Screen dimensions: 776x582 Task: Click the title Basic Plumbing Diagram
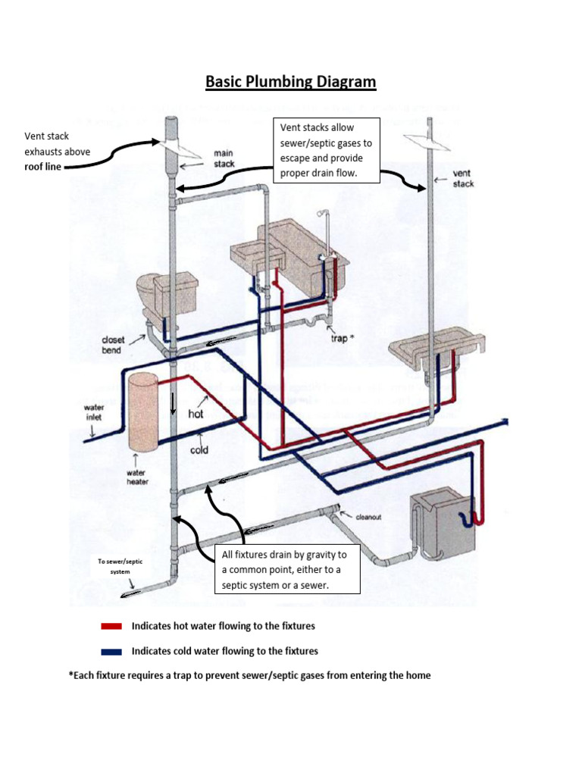[x=290, y=82]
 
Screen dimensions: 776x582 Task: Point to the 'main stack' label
[x=224, y=158]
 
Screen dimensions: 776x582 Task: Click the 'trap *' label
[x=339, y=338]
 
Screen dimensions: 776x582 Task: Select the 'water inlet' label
[x=93, y=412]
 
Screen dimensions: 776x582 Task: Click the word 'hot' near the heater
[x=196, y=415]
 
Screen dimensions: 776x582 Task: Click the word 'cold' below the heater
[x=199, y=449]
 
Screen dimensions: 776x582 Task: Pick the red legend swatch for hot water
[x=111, y=627]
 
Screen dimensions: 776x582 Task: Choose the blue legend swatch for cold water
[x=111, y=652]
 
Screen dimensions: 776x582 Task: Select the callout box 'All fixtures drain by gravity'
[x=286, y=571]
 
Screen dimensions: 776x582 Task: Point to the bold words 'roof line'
[x=43, y=167]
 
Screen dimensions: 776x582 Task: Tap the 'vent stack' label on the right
[x=463, y=178]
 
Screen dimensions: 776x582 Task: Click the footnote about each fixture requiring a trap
[x=249, y=674]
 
